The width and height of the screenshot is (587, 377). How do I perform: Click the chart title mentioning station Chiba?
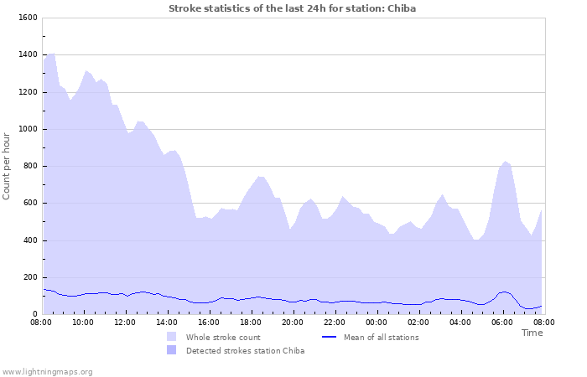(x=292, y=8)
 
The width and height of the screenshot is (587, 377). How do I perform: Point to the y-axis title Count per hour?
(x=8, y=166)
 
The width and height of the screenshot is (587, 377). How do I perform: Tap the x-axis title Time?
(x=532, y=333)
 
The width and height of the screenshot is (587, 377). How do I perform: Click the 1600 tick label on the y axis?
(x=27, y=18)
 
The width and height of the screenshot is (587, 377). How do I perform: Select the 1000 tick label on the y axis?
(x=27, y=129)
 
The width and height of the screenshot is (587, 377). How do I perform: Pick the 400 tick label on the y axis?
(x=29, y=240)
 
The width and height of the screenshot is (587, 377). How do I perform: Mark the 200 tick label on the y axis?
(x=29, y=277)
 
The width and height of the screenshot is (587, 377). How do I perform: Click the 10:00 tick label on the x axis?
(x=83, y=322)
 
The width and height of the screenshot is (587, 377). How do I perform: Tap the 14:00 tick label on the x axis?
(x=167, y=322)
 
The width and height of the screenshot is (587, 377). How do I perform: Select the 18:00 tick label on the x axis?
(x=251, y=322)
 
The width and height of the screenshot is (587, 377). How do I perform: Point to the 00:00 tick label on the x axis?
(x=377, y=322)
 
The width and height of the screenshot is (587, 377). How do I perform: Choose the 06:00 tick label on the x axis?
(x=502, y=322)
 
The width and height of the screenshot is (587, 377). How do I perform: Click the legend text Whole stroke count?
(x=223, y=338)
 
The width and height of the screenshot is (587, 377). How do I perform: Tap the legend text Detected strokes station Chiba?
(x=245, y=351)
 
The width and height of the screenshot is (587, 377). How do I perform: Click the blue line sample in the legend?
(x=330, y=338)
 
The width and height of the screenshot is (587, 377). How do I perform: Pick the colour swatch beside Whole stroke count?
(x=172, y=338)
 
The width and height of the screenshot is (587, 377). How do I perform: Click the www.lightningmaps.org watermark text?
(x=47, y=371)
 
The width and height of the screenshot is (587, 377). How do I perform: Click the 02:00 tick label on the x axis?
(x=418, y=322)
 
